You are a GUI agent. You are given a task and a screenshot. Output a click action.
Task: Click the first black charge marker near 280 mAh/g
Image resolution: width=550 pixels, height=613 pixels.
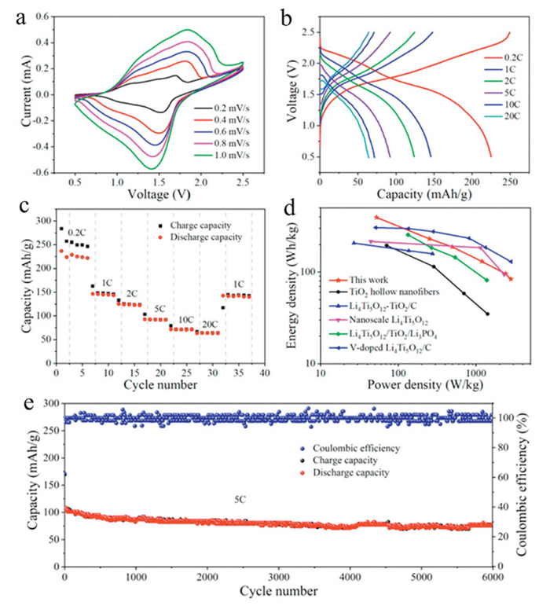coord(61,229)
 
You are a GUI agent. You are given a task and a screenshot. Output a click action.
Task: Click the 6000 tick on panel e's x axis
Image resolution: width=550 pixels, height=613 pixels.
coord(493,577)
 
